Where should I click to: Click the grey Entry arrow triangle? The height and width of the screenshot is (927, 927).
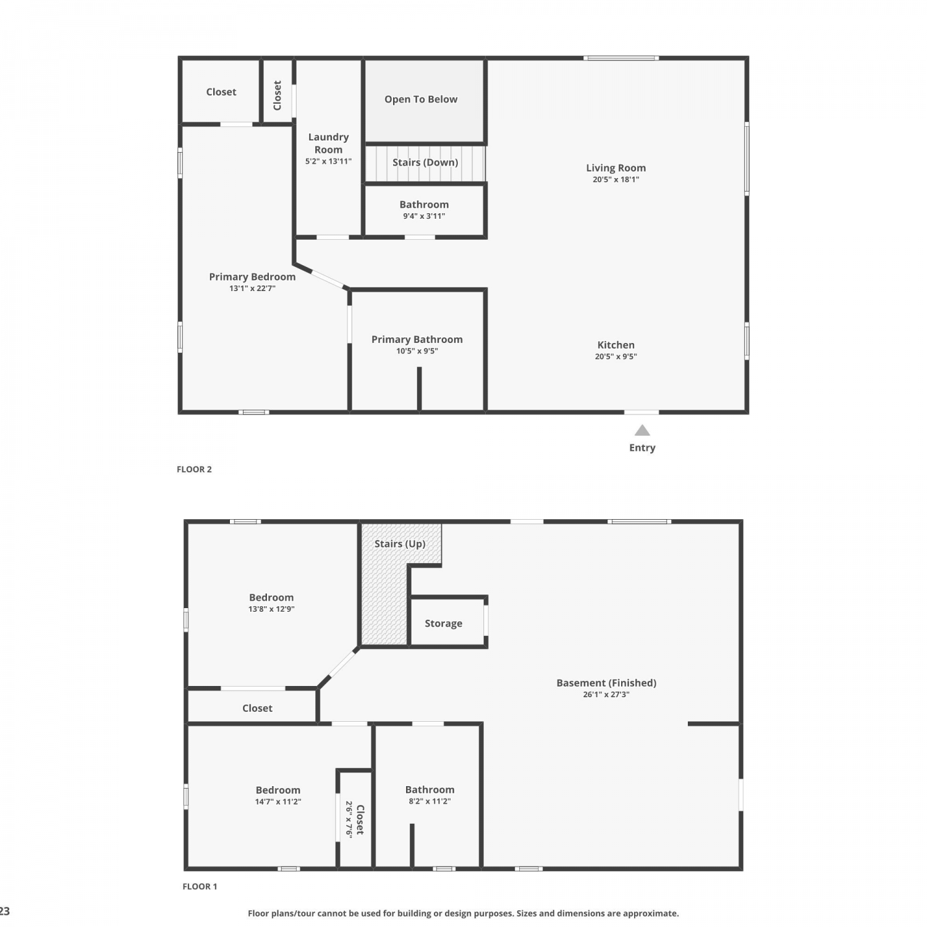(642, 430)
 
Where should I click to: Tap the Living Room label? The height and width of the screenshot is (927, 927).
(616, 167)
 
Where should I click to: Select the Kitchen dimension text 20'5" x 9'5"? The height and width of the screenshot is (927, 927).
(616, 357)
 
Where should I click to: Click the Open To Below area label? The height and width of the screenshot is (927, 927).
(421, 99)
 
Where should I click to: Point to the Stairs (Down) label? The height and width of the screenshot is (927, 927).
(425, 163)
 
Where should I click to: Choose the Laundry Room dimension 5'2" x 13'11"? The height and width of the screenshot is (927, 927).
(328, 161)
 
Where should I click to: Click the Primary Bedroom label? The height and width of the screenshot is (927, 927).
(252, 277)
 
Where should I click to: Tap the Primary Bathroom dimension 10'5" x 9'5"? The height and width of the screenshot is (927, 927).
(417, 351)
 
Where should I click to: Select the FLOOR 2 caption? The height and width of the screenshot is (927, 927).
(194, 469)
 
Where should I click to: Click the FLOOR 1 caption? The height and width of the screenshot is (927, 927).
(200, 886)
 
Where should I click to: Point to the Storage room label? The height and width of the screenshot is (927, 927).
(444, 624)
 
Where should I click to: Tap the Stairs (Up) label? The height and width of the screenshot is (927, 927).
(400, 544)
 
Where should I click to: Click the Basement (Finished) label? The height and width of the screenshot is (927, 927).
(606, 683)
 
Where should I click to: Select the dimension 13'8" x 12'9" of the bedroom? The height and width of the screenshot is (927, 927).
(271, 609)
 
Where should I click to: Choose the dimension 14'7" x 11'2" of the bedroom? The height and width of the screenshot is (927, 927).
(278, 802)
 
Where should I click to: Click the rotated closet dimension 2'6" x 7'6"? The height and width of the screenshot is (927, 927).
(349, 819)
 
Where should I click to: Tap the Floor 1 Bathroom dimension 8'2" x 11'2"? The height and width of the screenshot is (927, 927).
(430, 802)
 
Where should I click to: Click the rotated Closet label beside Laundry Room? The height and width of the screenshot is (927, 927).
(277, 95)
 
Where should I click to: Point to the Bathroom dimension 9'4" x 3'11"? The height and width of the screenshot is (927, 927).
(424, 216)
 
